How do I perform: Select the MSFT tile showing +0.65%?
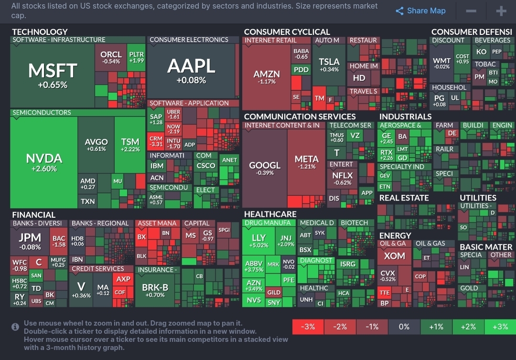coord(52,74)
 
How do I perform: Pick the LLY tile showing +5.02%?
coord(258,241)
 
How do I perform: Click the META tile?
coord(306,162)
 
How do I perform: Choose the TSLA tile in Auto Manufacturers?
coord(329,65)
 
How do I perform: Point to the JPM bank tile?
coord(30,241)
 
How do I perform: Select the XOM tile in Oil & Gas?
coord(394,256)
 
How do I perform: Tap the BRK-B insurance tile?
coord(155,290)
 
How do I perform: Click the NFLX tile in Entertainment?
coord(342,178)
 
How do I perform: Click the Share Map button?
coord(420,11)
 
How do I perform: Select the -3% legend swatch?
coord(308,327)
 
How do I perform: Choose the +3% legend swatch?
coord(500,327)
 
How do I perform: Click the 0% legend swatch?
coord(404,327)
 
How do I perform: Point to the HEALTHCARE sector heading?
coord(270,214)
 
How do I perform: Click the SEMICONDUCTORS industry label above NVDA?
coord(42,113)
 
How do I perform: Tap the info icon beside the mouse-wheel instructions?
coord(15,327)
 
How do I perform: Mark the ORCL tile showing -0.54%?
coord(111,57)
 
